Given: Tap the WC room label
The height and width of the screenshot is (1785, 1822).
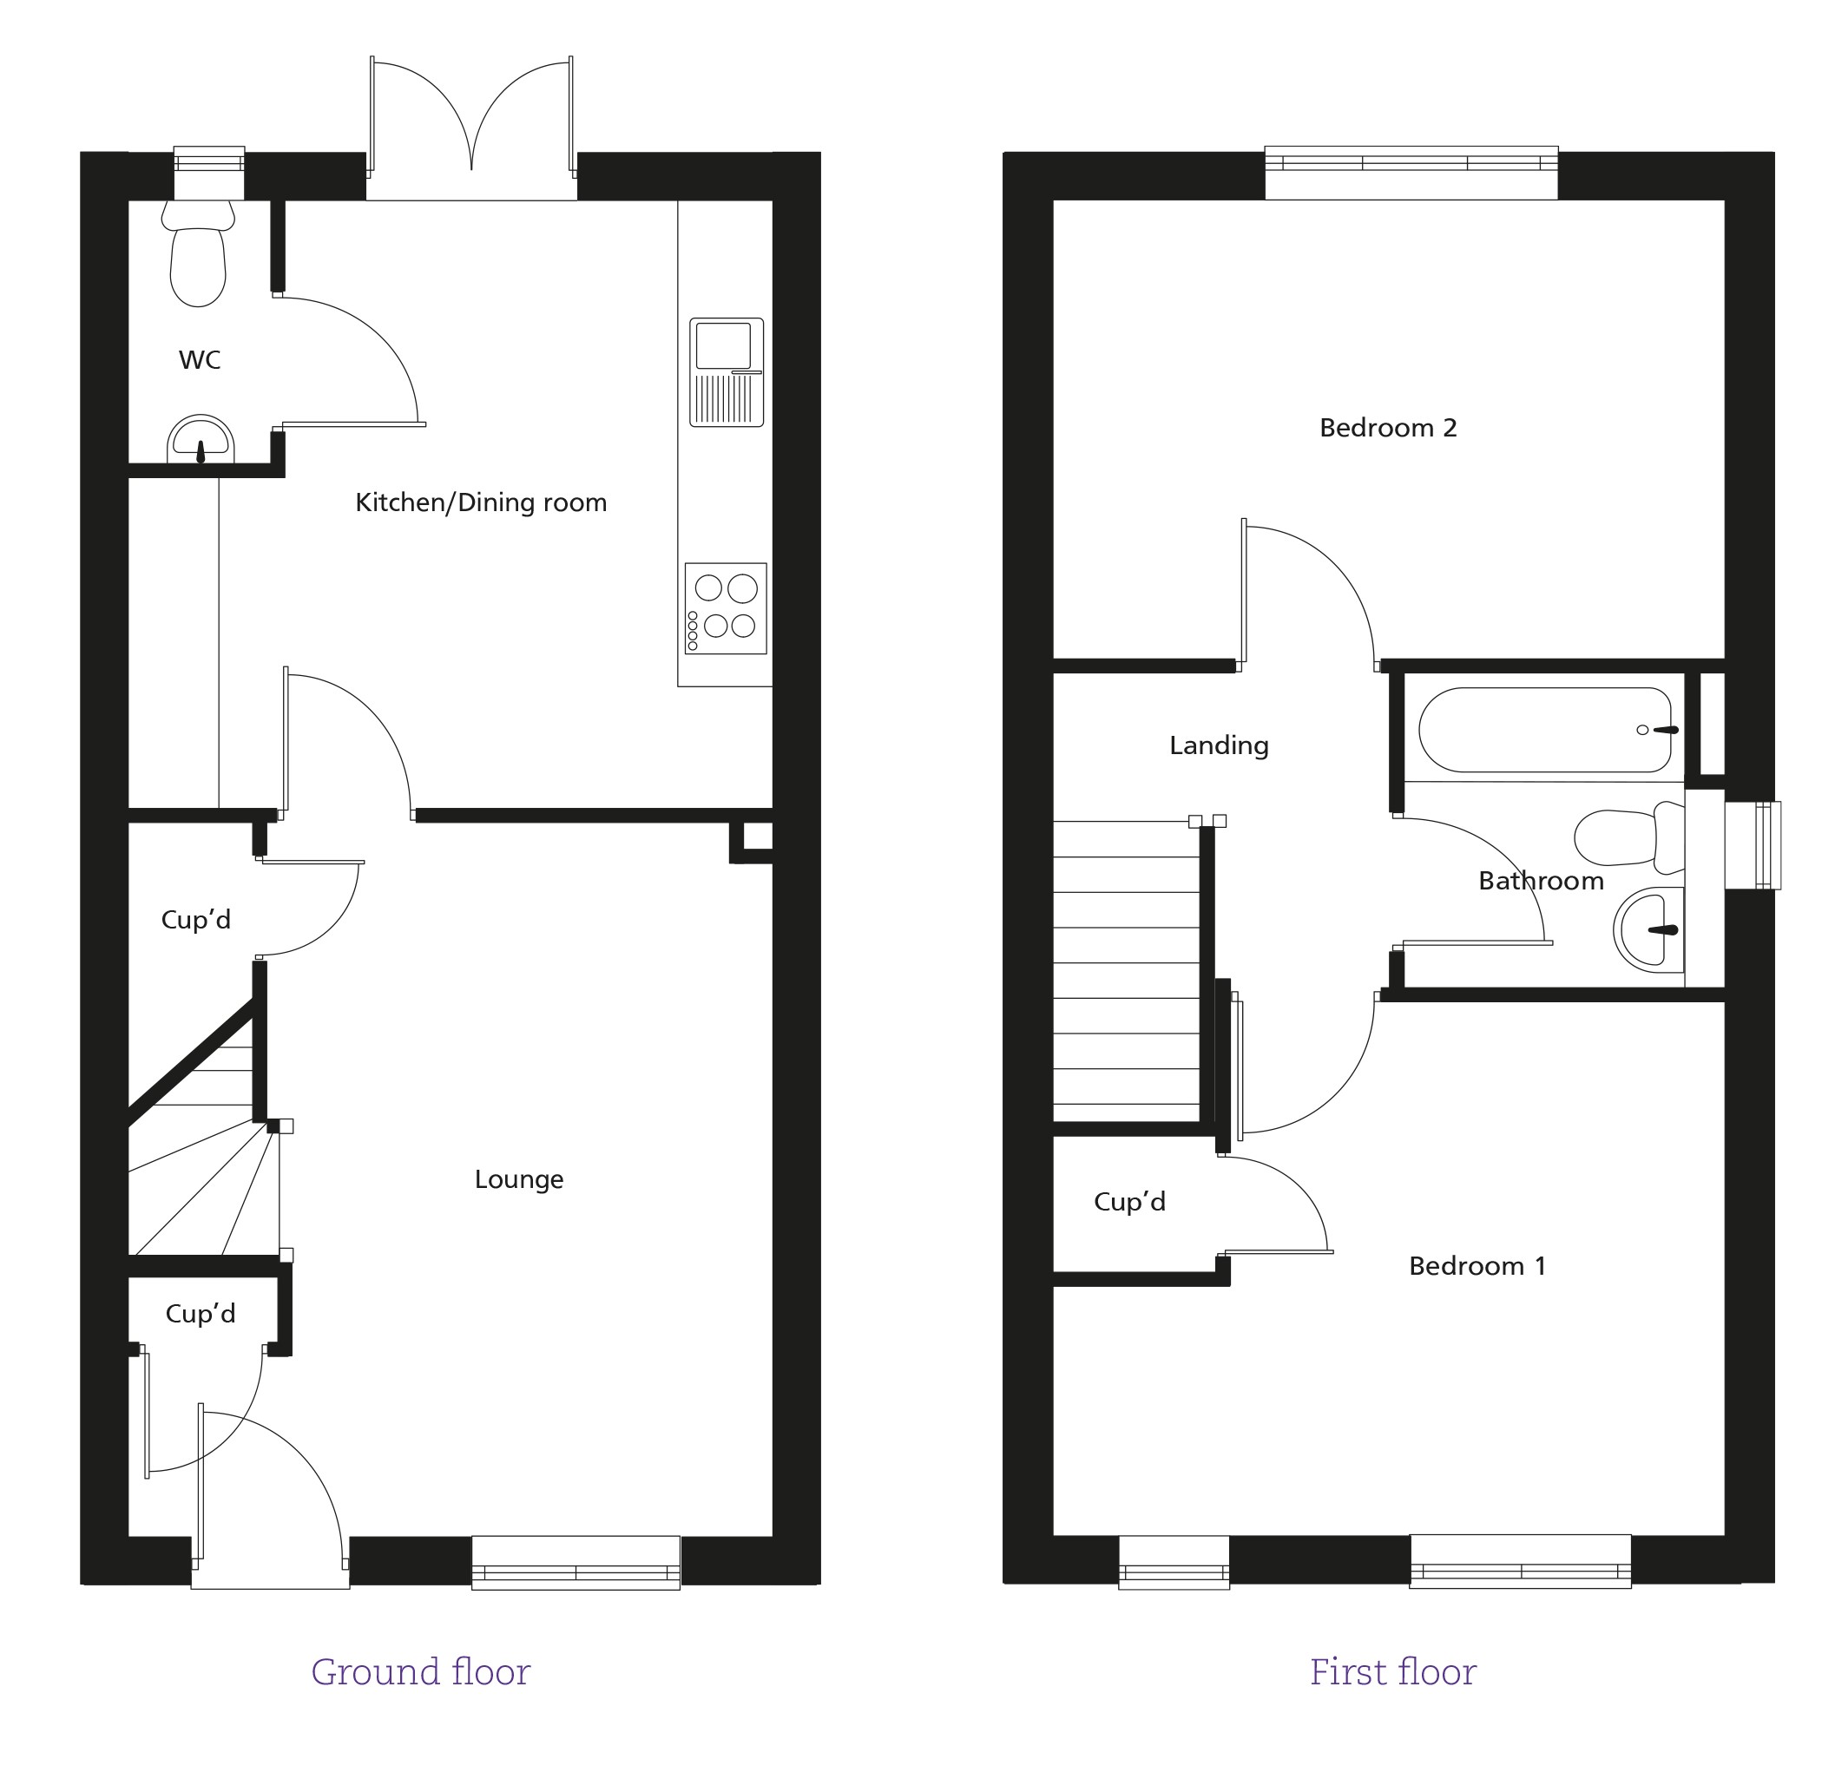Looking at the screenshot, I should click(200, 360).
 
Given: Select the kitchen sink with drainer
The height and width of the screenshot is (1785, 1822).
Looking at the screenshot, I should click(727, 372).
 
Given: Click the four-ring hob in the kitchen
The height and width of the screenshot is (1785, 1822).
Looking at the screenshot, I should click(726, 608).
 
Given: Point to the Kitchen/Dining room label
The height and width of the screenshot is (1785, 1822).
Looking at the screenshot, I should click(481, 503).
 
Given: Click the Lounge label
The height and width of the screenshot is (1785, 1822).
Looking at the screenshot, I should click(518, 1179).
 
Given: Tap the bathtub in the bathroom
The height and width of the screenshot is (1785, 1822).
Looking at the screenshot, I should click(1544, 731).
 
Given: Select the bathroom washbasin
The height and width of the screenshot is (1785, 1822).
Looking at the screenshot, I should click(1648, 929).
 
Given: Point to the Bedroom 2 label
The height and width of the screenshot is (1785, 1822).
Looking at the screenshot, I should click(1388, 429).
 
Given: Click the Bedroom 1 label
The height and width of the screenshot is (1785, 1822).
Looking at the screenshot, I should click(1477, 1267).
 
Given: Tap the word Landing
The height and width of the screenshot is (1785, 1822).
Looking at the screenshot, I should click(1218, 745).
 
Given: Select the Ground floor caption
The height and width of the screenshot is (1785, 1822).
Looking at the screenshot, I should click(420, 1671).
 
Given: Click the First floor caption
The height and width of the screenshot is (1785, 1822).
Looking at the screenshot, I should click(1392, 1671).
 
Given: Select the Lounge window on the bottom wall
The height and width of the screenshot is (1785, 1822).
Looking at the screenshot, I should click(576, 1562).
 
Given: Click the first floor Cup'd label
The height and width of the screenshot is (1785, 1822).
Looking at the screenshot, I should click(1129, 1202).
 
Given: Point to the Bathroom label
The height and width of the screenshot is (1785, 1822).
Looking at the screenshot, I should click(1541, 882).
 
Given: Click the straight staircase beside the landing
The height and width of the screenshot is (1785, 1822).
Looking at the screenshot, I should click(1126, 971).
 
